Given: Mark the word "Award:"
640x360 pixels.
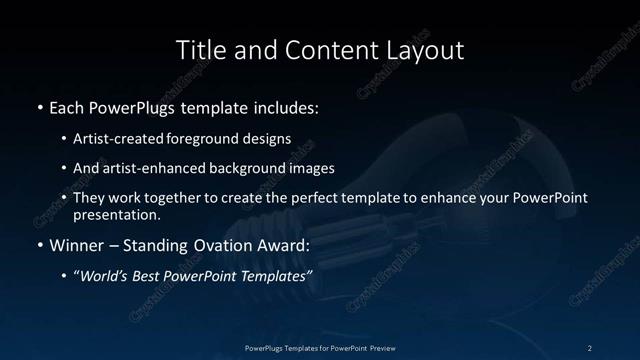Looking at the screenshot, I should (283, 244).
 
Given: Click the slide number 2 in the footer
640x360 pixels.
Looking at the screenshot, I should (589, 347).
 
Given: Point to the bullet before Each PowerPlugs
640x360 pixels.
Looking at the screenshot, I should (38, 107).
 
